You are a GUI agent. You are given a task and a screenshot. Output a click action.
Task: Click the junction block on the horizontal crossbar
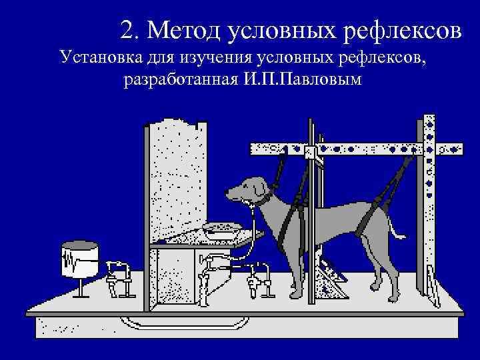(310, 152)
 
